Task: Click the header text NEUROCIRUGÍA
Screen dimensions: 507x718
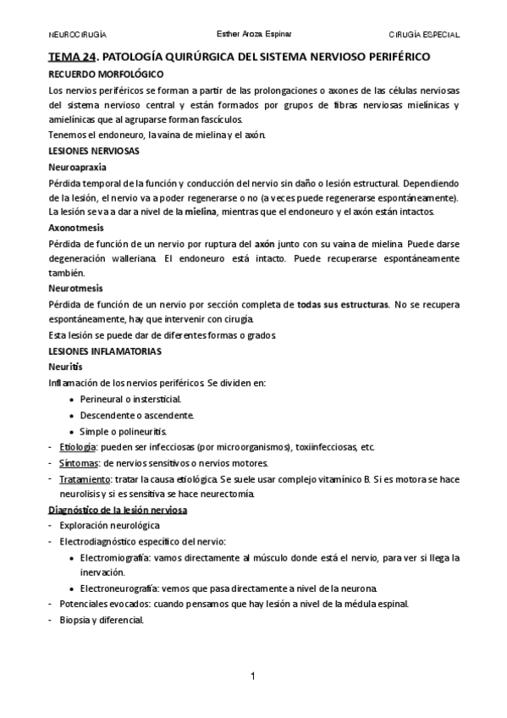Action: point(78,35)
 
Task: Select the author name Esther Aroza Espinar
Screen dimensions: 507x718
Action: point(253,35)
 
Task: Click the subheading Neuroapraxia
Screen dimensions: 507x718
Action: point(78,167)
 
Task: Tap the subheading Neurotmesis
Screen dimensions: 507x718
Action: point(75,288)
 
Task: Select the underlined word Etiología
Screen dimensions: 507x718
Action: point(79,446)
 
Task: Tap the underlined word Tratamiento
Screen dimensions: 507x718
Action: point(85,479)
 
